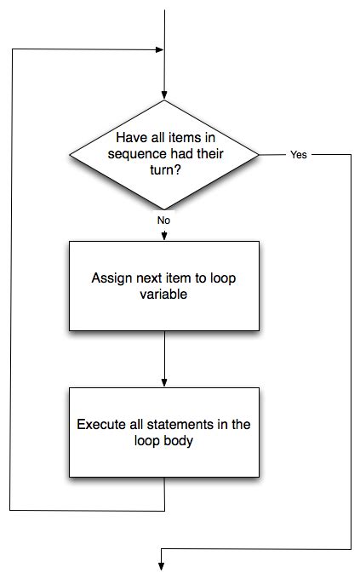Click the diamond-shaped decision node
click(x=163, y=155)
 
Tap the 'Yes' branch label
click(x=298, y=156)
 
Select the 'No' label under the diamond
click(x=163, y=220)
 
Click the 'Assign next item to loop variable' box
click(x=163, y=285)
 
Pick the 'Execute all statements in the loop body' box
click(x=163, y=432)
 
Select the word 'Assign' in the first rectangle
click(x=110, y=278)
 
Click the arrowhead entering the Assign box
click(x=163, y=236)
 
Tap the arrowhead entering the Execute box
click(x=163, y=383)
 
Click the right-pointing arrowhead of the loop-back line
click(x=158, y=49)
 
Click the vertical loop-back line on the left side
click(x=10, y=281)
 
